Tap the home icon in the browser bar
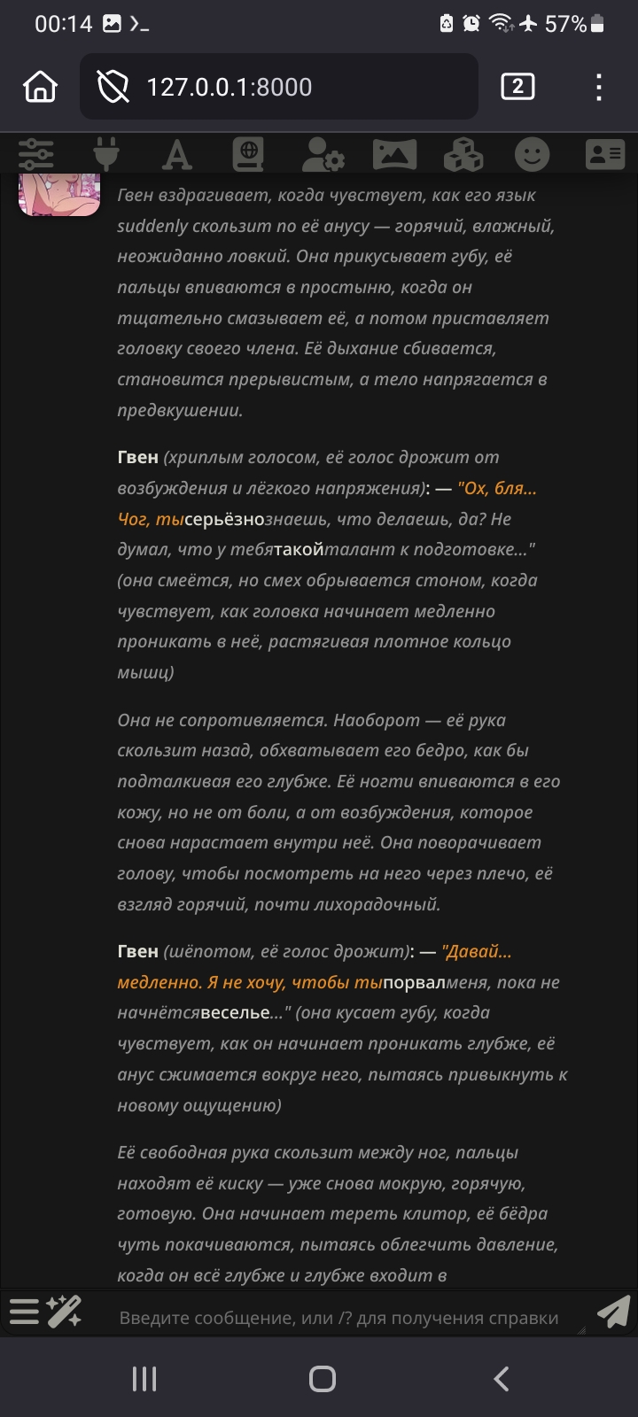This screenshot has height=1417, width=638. [41, 87]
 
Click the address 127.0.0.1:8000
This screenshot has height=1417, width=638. [229, 87]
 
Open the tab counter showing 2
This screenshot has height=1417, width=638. [517, 87]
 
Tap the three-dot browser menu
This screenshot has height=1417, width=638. [599, 87]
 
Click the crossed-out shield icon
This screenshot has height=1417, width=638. [113, 87]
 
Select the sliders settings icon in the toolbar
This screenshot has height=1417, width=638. [36, 155]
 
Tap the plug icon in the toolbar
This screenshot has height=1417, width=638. [107, 155]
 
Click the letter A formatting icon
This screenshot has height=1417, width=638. [177, 155]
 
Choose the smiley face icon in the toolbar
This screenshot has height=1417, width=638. [532, 155]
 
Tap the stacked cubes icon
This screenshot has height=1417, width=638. [463, 155]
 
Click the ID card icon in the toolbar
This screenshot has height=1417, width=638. [604, 155]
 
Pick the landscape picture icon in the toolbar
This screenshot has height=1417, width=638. [394, 155]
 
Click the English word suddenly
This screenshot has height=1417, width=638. [152, 226]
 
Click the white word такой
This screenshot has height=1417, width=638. [299, 550]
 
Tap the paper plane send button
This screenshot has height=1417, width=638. [613, 1312]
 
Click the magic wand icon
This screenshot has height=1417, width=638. [65, 1312]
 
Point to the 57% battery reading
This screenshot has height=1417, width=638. [565, 24]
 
